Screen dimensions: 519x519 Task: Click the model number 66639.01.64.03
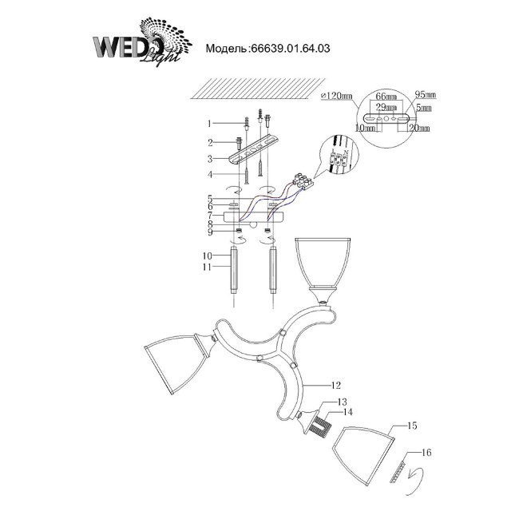pos(268,48)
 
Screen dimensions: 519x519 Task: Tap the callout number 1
pos(208,124)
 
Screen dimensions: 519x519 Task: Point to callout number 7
pos(208,215)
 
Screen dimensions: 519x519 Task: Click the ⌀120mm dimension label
pos(336,96)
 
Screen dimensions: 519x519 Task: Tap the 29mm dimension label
pos(386,106)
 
